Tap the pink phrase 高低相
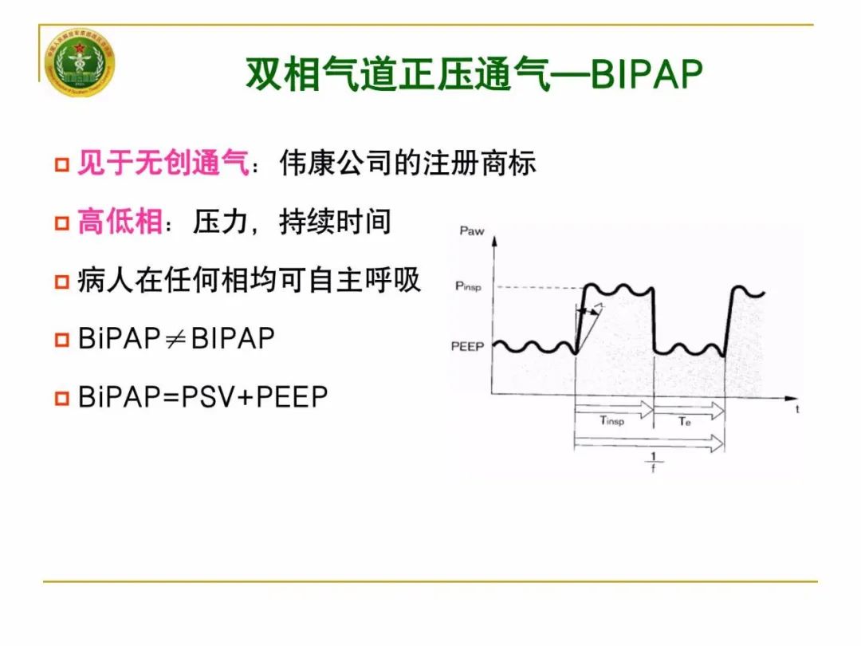coord(120,221)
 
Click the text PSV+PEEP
coord(255,396)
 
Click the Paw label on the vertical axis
coord(471,231)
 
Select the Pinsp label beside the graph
coord(468,286)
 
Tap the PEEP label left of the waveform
coord(466,347)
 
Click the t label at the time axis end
coord(797,409)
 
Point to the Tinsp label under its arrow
coord(611,420)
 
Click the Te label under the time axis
coord(685,420)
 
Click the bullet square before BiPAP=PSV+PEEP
coord(61,398)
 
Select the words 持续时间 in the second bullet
coord(335,221)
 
